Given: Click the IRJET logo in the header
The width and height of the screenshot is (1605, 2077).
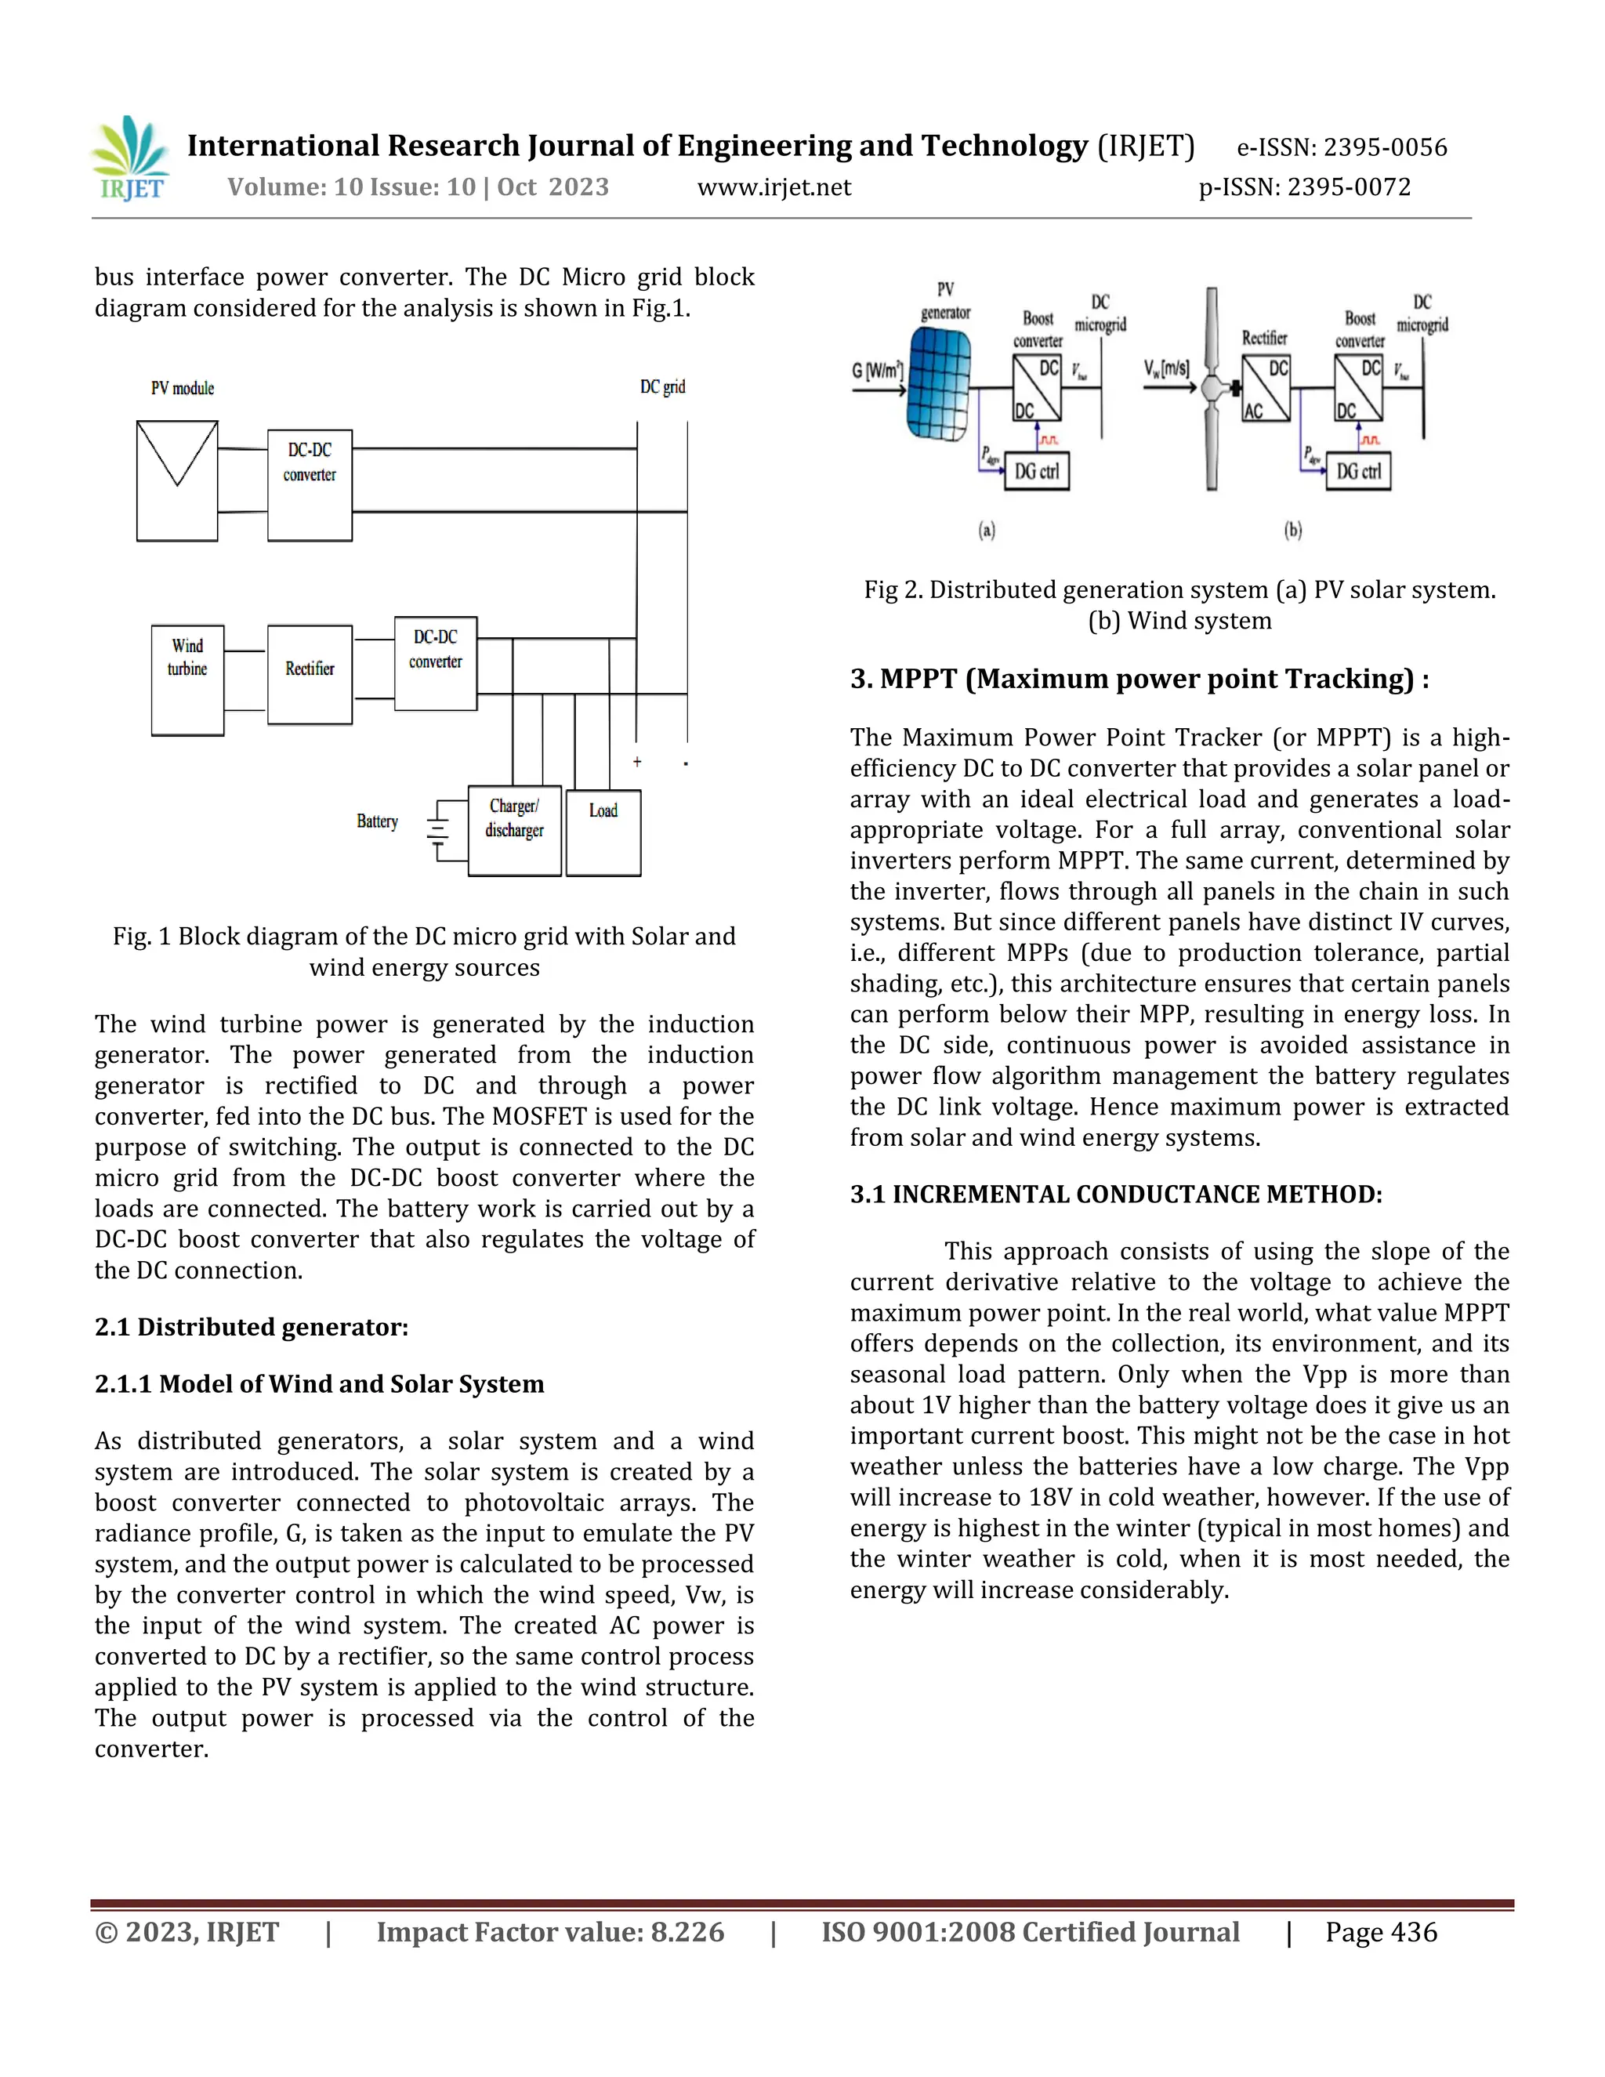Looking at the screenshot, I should pyautogui.click(x=130, y=159).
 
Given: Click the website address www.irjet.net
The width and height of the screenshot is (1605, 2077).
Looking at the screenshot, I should pyautogui.click(x=774, y=187).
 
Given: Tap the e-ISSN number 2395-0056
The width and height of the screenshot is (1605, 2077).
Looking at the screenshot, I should pyautogui.click(x=1386, y=147).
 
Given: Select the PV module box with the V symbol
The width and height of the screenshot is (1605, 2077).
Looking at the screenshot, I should pyautogui.click(x=177, y=481).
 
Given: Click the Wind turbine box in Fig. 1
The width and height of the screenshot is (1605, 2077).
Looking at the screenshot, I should pyautogui.click(x=187, y=680).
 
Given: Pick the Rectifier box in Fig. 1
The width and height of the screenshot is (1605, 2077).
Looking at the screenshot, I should pyautogui.click(x=310, y=674).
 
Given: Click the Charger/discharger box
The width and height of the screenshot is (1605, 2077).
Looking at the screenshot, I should pyautogui.click(x=514, y=830).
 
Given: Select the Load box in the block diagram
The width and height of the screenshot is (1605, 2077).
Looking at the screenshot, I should pyautogui.click(x=603, y=833).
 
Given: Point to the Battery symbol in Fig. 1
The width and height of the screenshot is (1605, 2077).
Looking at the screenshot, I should pyautogui.click(x=438, y=830).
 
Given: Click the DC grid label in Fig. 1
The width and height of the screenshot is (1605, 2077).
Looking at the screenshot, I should pyautogui.click(x=663, y=387).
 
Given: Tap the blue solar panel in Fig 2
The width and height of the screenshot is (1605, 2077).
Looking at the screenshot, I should pyautogui.click(x=940, y=384).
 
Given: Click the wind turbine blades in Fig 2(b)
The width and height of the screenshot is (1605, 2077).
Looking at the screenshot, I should pyautogui.click(x=1212, y=389).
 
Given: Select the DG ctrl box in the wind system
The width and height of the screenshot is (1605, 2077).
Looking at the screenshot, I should pyautogui.click(x=1358, y=472).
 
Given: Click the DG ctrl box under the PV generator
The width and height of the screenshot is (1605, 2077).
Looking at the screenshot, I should pyautogui.click(x=1036, y=472).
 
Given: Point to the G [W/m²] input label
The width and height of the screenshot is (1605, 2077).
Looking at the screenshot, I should pyautogui.click(x=878, y=370).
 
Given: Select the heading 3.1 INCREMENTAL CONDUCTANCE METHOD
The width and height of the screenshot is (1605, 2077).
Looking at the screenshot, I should pyautogui.click(x=1116, y=1194).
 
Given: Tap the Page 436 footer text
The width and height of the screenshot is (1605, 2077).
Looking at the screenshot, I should pyautogui.click(x=1381, y=1933).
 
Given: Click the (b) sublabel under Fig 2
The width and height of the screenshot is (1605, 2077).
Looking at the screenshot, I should pyautogui.click(x=1293, y=531).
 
